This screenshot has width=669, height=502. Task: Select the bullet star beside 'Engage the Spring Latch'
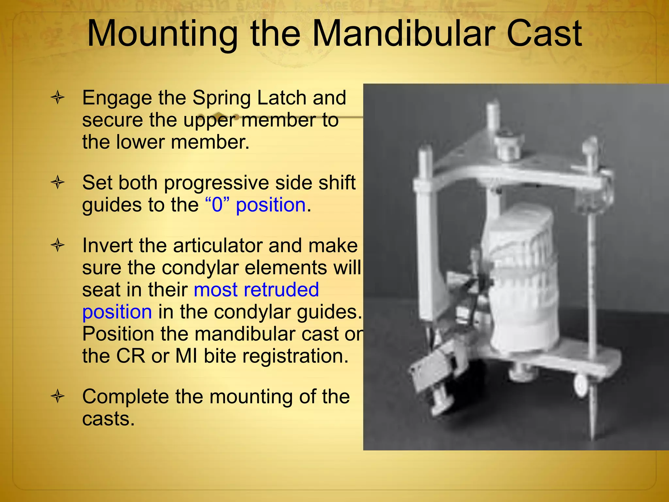coord(58,97)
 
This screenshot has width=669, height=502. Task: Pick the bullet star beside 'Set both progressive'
coord(58,182)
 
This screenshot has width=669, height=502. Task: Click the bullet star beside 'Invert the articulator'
coord(58,245)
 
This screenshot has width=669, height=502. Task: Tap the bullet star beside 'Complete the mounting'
coord(58,396)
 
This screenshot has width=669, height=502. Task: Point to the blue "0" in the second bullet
coord(217,205)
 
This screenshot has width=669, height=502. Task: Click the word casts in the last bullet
coord(108,419)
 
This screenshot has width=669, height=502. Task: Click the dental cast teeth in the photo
coord(519,268)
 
